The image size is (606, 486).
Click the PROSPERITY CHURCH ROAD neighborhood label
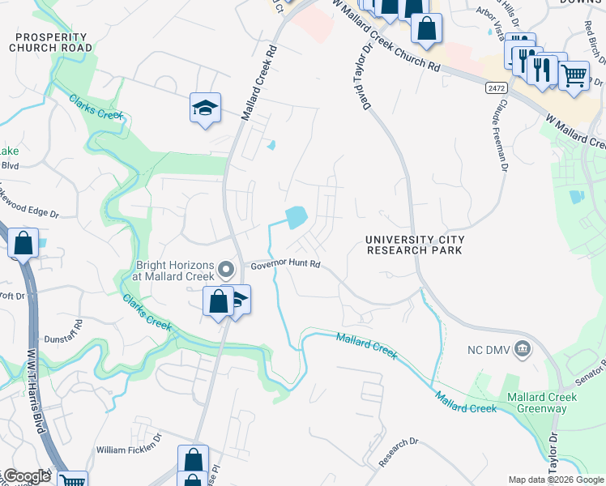pos(51,43)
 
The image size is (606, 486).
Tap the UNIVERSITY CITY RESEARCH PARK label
pos(415,245)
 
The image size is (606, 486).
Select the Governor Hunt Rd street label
pos(285,265)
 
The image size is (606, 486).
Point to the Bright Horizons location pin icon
pos(228,269)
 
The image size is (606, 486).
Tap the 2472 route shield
pos(497,87)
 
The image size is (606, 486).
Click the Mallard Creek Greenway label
pos(542,403)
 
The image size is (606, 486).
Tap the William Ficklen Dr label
pos(129,449)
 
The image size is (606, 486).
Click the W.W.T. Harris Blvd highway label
pos(38,390)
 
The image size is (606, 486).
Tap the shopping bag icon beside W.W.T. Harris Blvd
pos(23,242)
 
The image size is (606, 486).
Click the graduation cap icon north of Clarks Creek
pos(205,108)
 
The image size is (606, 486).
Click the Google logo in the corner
pos(26,476)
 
